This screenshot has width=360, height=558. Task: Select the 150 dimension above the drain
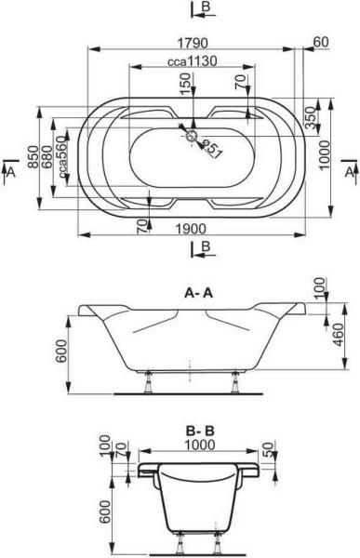click(185, 85)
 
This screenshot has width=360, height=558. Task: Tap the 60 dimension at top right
click(321, 42)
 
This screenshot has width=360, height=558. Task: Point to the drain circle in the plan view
click(193, 136)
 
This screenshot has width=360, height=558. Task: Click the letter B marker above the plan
click(206, 9)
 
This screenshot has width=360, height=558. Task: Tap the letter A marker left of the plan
click(11, 173)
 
